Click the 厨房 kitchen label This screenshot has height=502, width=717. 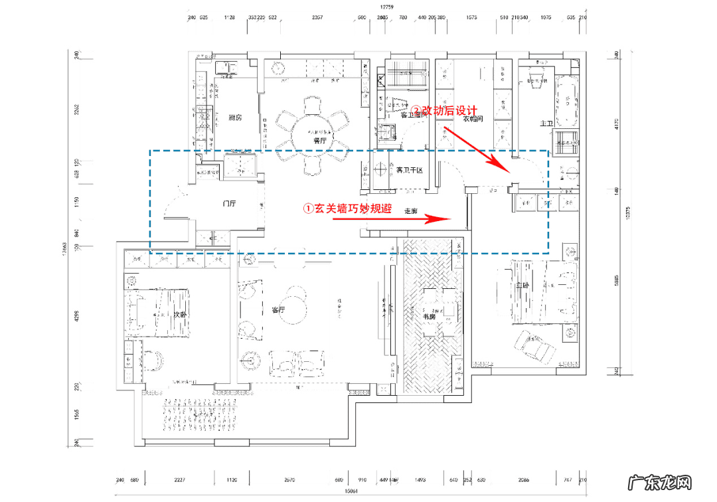pos(234,118)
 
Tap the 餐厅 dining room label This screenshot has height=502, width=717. pos(320,141)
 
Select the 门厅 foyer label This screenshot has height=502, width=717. pos(230,204)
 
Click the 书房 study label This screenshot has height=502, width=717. pos(430,317)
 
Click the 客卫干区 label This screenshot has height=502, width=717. pos(410,171)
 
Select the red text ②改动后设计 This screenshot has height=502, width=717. pos(445,111)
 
